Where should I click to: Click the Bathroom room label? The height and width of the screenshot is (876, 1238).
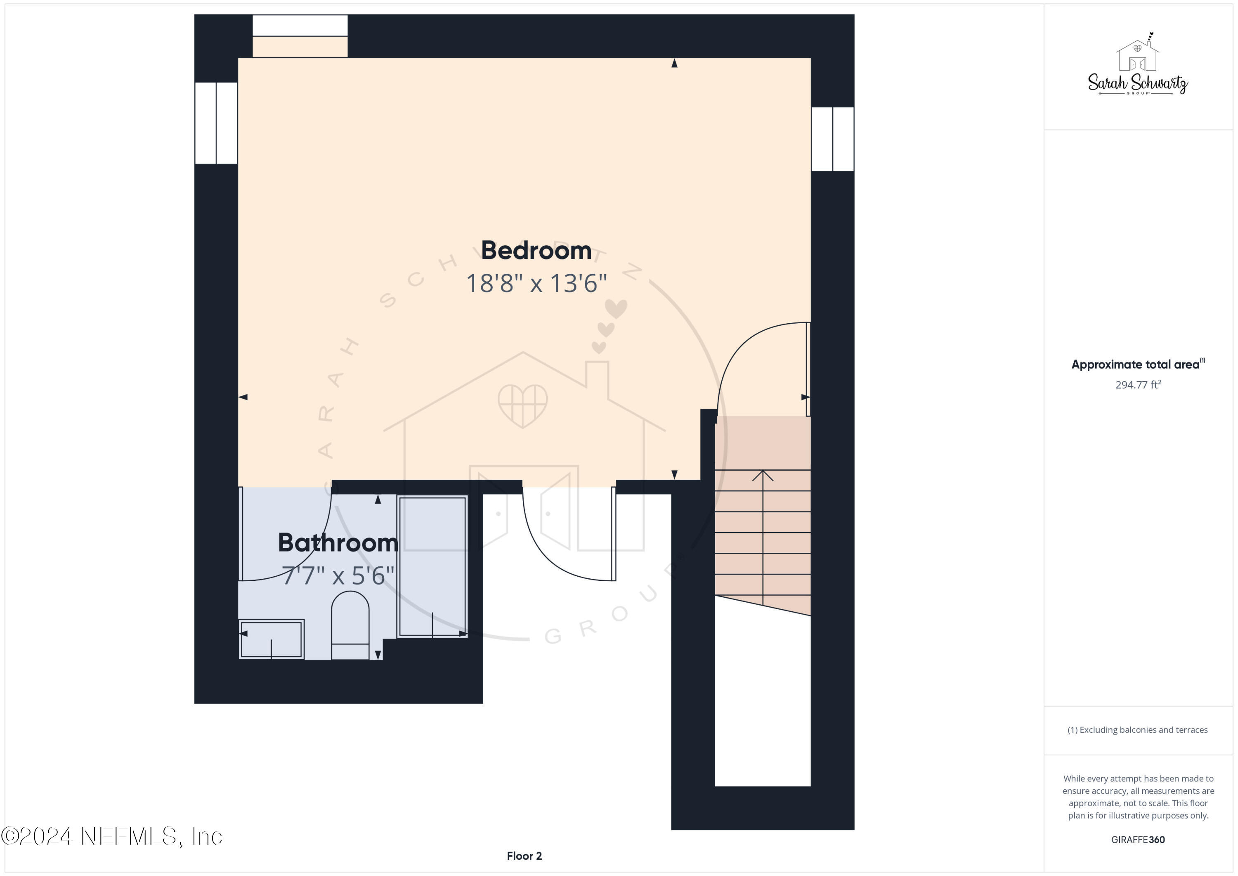coord(338,542)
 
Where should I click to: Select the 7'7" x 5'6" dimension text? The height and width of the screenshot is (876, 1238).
coord(338,575)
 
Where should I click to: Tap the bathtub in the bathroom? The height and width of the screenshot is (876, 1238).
coord(432,566)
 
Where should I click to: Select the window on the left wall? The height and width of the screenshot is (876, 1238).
coord(216,123)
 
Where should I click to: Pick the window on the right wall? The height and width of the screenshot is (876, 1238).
coord(832,139)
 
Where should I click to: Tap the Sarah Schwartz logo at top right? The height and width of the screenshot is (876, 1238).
coord(1138,67)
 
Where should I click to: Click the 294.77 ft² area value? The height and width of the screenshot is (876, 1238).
coord(1138,385)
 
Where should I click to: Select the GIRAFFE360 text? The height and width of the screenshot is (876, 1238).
coord(1138,839)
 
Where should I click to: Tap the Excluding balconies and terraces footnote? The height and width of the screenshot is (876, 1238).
coord(1137,730)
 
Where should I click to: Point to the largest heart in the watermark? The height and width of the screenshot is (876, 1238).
coord(616,308)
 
